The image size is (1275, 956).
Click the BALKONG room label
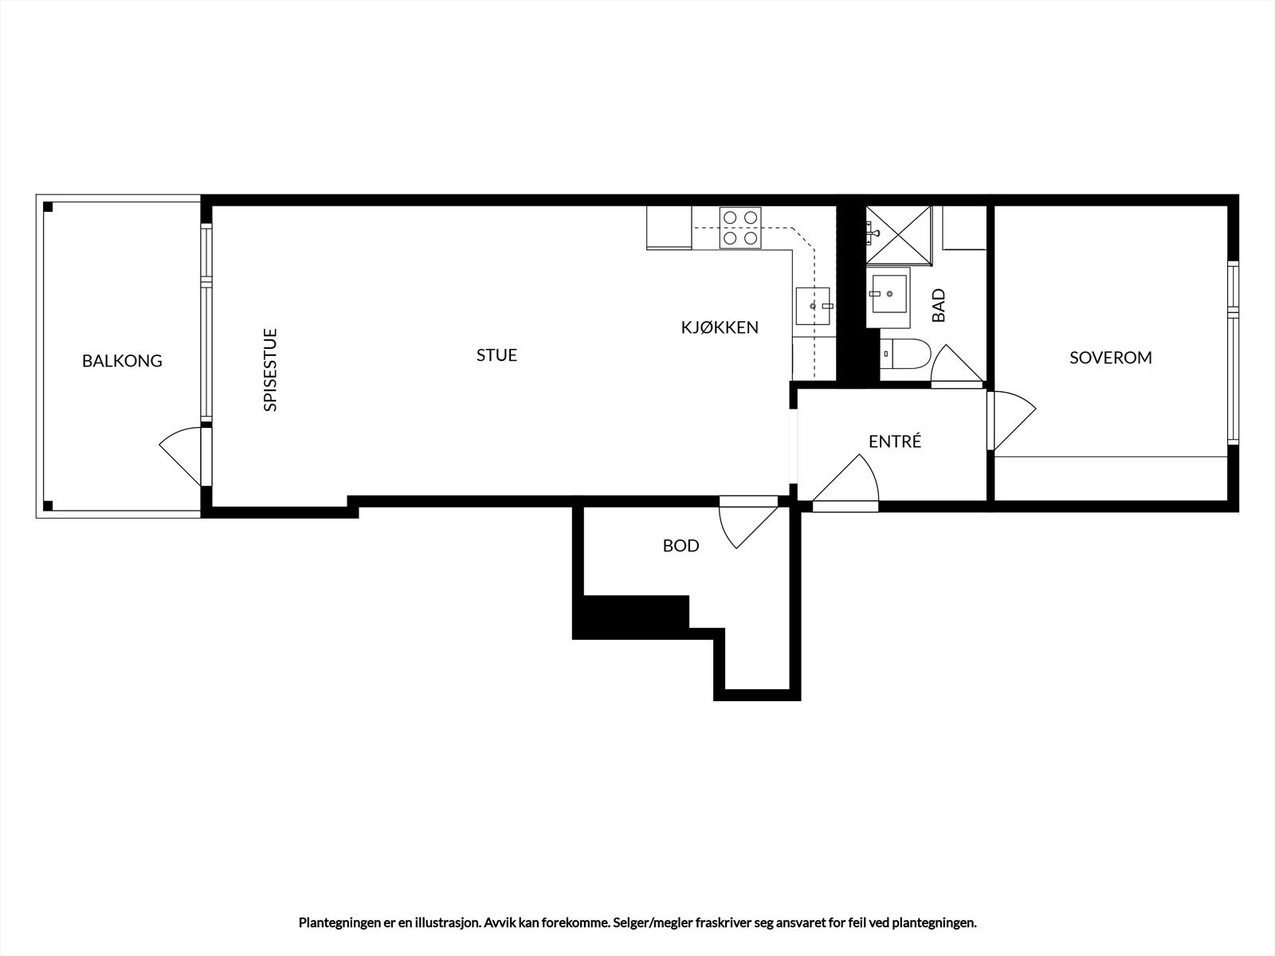click(122, 361)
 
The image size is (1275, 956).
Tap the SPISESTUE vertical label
click(270, 370)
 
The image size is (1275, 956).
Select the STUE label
click(496, 355)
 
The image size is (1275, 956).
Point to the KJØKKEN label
click(720, 327)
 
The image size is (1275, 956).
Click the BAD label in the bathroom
click(938, 305)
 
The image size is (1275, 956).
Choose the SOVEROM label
click(1110, 358)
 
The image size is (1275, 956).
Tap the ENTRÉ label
click(895, 441)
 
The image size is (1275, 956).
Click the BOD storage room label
click(681, 546)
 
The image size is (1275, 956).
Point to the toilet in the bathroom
click(905, 353)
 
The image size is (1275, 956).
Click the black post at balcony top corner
click(48, 208)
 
